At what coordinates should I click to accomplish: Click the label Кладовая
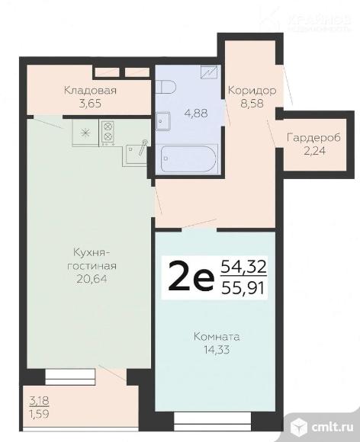click(90, 90)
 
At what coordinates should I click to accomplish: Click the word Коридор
click(252, 90)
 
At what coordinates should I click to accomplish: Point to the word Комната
click(217, 335)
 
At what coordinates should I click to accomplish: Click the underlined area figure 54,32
click(243, 267)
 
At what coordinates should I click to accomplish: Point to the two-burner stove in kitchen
click(107, 133)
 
